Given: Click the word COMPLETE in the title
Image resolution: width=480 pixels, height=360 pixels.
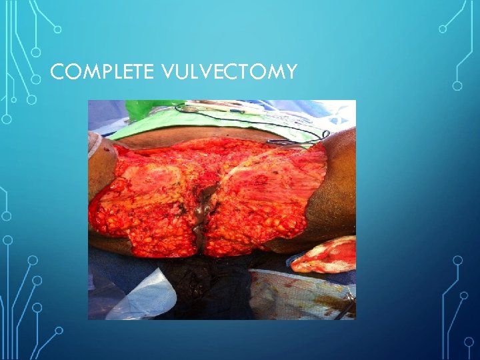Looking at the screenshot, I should pos(102,72).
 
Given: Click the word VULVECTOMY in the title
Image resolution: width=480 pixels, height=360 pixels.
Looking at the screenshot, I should pos(229,72).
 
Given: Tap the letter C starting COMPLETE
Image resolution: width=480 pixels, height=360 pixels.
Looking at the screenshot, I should pos(57,72).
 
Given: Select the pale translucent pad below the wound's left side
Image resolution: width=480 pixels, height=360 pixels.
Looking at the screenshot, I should pos(143,293).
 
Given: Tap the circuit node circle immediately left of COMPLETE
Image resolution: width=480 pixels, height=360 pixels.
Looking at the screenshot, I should pos(37,78).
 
